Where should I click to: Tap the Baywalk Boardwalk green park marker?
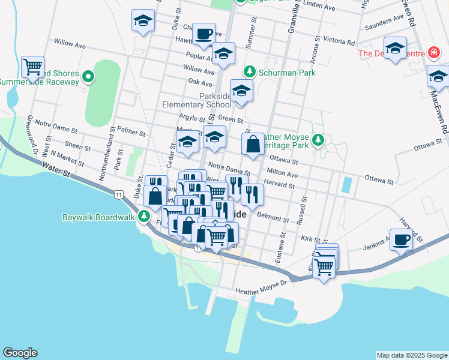(x=144, y=217)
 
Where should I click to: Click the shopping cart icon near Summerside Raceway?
(x=32, y=66)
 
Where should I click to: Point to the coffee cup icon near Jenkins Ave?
(x=401, y=238)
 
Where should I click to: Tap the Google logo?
(x=20, y=353)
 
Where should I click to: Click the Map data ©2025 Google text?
(x=411, y=355)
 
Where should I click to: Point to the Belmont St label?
(x=268, y=214)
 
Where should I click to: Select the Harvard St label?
(x=278, y=185)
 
